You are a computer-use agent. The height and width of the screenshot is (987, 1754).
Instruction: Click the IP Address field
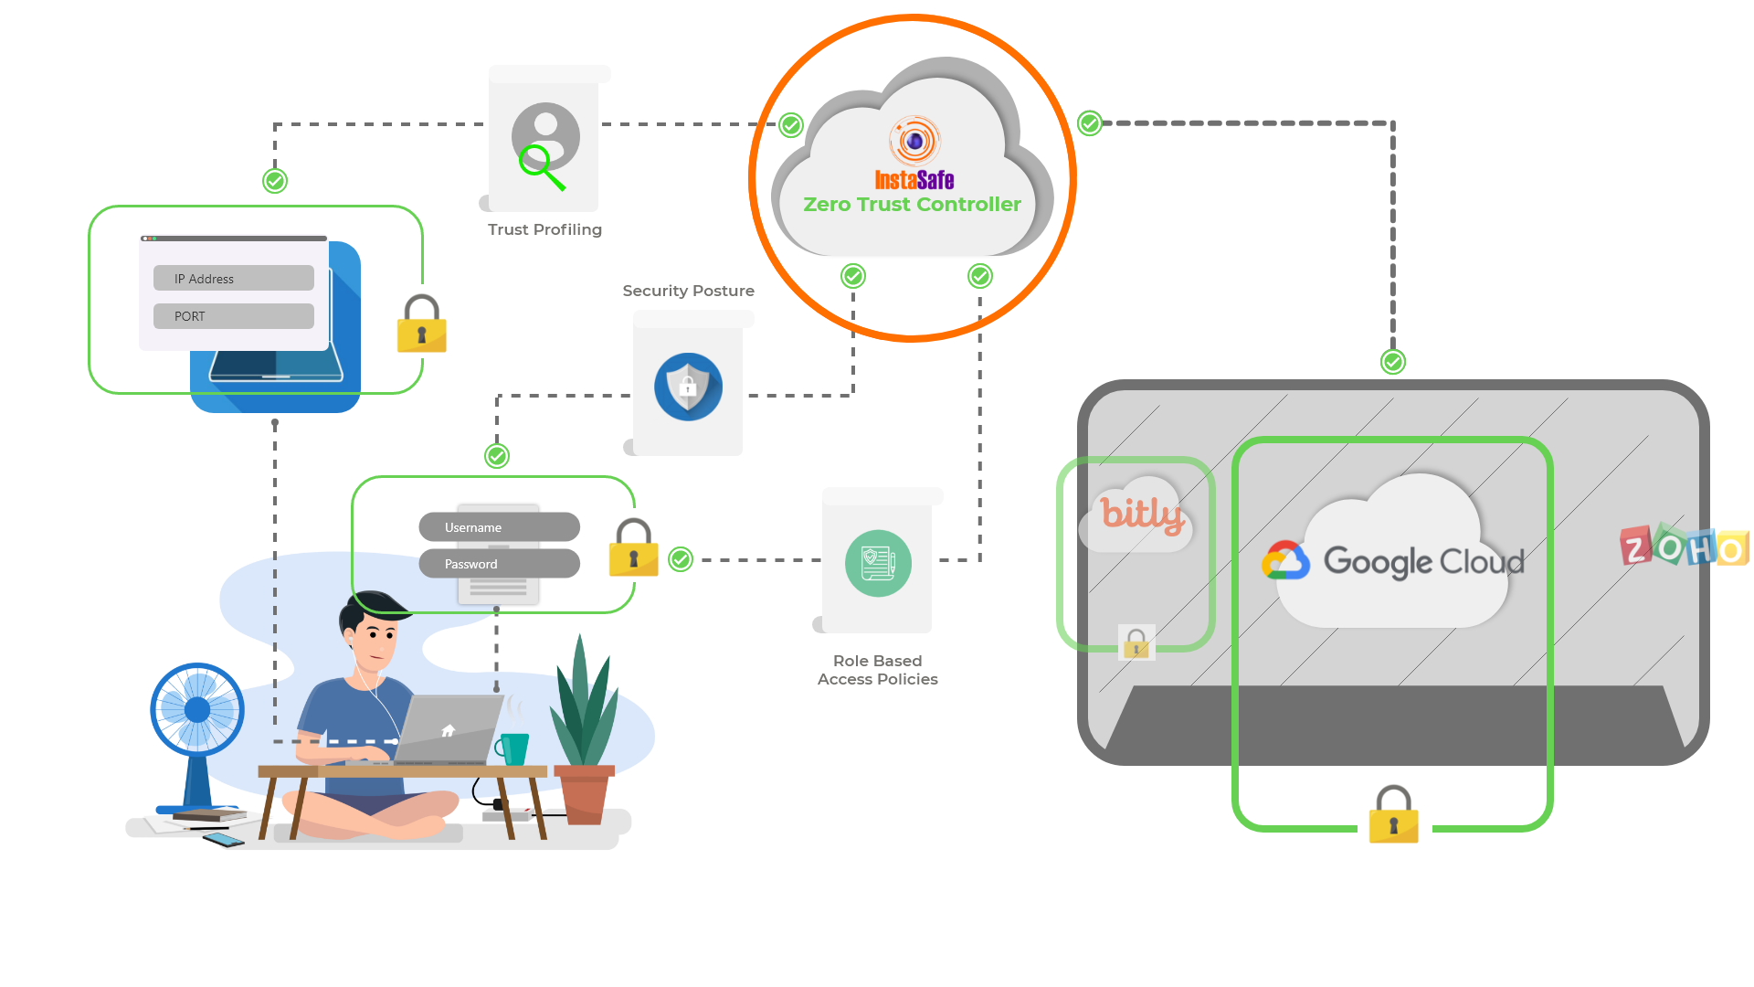(234, 278)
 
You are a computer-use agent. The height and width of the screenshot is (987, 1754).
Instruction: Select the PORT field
(234, 316)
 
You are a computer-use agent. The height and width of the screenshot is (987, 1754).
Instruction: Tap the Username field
(499, 526)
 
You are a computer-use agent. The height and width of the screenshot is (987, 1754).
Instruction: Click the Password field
(499, 563)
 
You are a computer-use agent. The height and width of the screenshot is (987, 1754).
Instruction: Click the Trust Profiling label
(544, 229)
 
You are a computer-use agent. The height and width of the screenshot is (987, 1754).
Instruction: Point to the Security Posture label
(689, 291)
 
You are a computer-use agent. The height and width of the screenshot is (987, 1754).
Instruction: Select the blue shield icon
(689, 387)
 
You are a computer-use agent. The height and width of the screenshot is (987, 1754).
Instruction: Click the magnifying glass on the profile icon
(542, 167)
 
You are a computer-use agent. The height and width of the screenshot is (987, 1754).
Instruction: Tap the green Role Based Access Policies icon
(878, 563)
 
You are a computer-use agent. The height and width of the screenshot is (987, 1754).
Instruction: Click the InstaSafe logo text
(914, 180)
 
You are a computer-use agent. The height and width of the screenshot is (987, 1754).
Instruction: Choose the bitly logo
(1142, 515)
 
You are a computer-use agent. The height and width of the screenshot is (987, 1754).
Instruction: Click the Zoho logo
(1685, 547)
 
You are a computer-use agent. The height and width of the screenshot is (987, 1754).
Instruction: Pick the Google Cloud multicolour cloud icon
(1286, 560)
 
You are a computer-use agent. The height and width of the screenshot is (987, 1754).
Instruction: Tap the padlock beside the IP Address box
(421, 324)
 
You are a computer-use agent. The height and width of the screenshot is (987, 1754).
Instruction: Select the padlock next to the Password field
(633, 547)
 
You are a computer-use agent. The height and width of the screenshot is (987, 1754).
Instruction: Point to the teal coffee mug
(512, 748)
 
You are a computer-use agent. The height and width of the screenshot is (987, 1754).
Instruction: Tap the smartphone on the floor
(224, 839)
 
